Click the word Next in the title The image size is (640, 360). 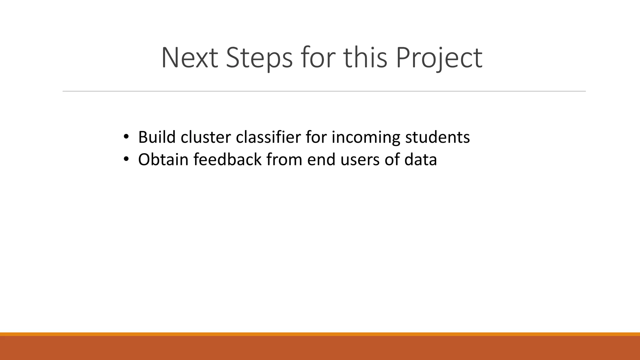(189, 58)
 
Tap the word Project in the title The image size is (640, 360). (439, 58)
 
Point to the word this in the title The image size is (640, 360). (365, 58)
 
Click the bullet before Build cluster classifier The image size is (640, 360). (126, 137)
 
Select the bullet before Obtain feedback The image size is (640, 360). (126, 159)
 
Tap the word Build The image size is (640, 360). (157, 137)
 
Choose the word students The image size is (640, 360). (437, 137)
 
